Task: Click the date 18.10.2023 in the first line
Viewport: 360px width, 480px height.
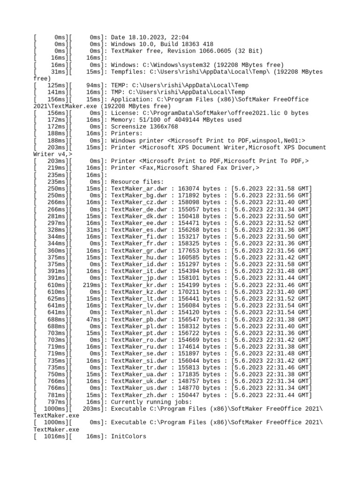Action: point(145,37)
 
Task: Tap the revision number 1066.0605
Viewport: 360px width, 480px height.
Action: point(208,51)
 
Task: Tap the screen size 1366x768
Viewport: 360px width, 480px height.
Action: point(164,127)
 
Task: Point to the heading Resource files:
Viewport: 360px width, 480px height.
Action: point(137,181)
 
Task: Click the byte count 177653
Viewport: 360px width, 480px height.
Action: point(189,250)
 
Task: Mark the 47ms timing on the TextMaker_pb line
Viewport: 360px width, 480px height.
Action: point(93,319)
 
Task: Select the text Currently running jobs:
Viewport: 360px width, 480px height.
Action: point(151,402)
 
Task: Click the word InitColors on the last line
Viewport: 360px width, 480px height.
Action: point(128,436)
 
